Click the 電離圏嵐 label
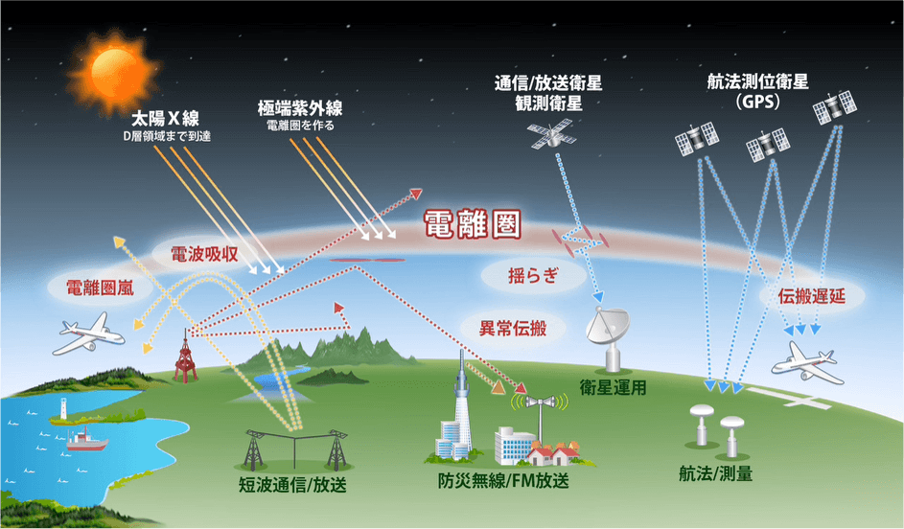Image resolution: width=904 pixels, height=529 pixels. coord(100,287)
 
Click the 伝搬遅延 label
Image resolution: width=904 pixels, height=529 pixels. coord(811,295)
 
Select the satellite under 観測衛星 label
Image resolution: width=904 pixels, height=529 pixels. coord(551,134)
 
